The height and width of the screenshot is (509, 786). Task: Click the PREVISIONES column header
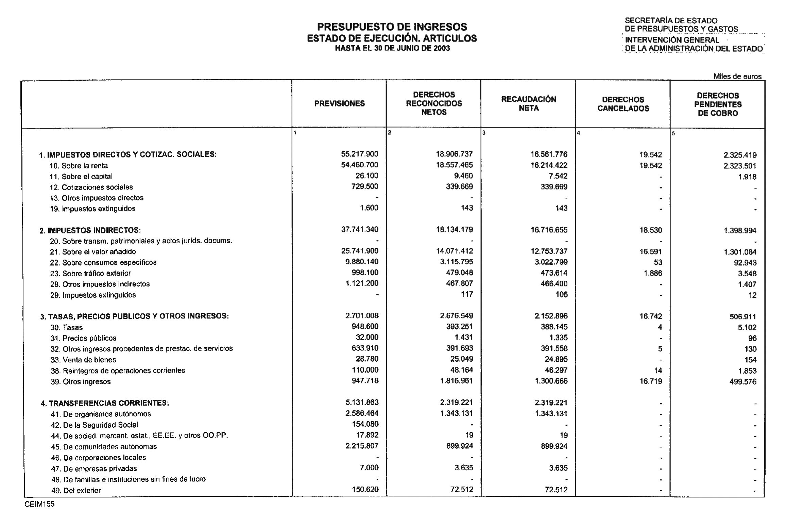[x=339, y=104]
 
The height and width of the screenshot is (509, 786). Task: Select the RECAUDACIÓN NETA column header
[x=529, y=104]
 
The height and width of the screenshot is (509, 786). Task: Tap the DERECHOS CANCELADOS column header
[x=623, y=104]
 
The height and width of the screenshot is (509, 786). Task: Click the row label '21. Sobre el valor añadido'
[x=99, y=252]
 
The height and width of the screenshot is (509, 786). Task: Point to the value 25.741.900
[x=360, y=251]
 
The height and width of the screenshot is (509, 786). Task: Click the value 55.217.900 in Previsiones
[x=360, y=154]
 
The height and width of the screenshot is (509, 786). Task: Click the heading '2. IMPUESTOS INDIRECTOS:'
[x=90, y=230]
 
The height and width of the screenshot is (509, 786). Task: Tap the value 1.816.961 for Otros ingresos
[x=456, y=381]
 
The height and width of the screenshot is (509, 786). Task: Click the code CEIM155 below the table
[x=39, y=504]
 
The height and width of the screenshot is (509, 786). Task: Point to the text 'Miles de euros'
[x=737, y=77]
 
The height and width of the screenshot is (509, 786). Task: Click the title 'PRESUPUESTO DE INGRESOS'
[x=392, y=27]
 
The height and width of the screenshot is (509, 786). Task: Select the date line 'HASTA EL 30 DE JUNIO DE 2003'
[x=392, y=48]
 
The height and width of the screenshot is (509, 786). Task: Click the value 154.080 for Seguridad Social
[x=365, y=424]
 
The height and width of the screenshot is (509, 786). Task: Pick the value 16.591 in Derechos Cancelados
[x=650, y=252]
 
